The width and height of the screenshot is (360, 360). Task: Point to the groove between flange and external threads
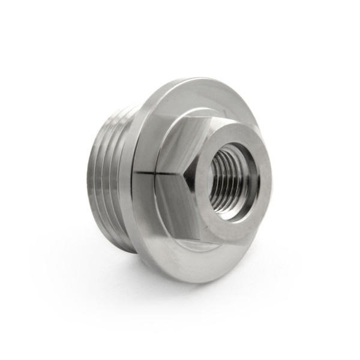tap(129, 180)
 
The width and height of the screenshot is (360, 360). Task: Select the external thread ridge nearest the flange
tap(120, 180)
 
